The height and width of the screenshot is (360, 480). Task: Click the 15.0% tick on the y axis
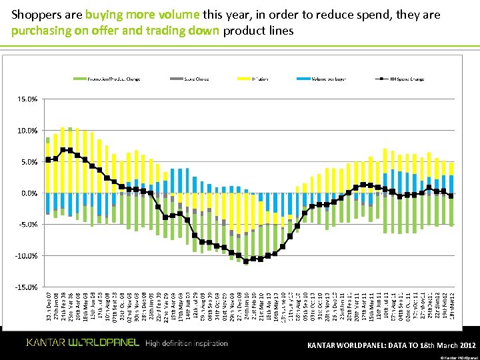coord(27,99)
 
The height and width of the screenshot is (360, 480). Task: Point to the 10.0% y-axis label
coord(27,131)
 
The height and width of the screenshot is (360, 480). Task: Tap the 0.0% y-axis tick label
coord(29,193)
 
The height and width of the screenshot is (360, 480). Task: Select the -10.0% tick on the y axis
coord(26,256)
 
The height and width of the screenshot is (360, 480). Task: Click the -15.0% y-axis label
coord(26,287)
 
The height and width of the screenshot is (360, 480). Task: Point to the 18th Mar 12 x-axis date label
coord(451,307)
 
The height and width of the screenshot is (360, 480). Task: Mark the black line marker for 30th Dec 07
coord(48,159)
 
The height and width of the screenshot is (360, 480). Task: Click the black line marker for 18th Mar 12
coord(451,195)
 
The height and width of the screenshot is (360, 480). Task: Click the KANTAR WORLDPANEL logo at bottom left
coord(83,343)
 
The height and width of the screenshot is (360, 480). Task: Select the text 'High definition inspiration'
coord(186,343)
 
